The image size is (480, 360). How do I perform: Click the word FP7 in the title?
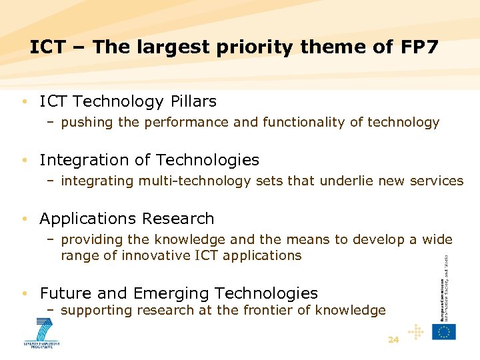(x=418, y=47)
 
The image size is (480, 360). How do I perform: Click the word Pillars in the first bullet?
(x=192, y=101)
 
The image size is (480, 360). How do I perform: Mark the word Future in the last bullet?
(x=64, y=293)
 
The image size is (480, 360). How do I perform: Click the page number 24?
(x=393, y=340)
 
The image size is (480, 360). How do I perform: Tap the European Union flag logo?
(x=443, y=332)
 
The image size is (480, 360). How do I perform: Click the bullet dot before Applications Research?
(x=24, y=219)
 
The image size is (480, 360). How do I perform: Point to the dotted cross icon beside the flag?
(x=415, y=332)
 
